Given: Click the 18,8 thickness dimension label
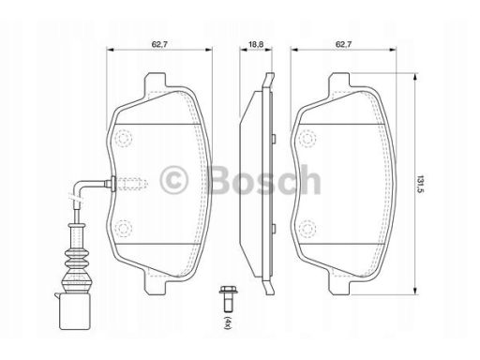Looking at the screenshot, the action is click(256, 44).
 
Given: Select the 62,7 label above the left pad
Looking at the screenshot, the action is click(159, 44).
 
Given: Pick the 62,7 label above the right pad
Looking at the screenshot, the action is click(343, 44).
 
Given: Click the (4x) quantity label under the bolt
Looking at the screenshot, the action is click(228, 322).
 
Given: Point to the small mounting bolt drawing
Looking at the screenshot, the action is click(226, 299).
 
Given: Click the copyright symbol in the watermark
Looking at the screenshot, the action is click(173, 180).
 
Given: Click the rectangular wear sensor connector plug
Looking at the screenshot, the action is click(75, 311).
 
